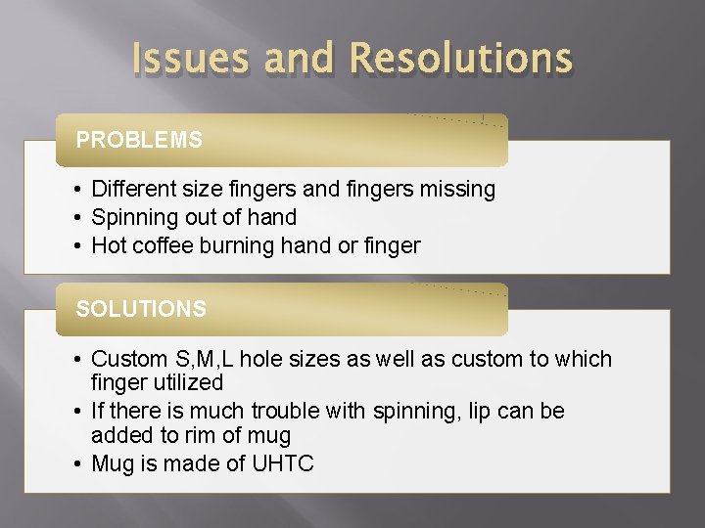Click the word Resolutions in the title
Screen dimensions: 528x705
460,59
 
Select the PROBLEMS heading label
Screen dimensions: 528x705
139,140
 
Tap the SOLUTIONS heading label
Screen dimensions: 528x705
141,309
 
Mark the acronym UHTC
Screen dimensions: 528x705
284,463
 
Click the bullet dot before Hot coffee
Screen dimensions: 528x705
76,245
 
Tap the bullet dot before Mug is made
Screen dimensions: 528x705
76,463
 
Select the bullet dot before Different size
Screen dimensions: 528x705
76,189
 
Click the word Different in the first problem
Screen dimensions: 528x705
132,189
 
